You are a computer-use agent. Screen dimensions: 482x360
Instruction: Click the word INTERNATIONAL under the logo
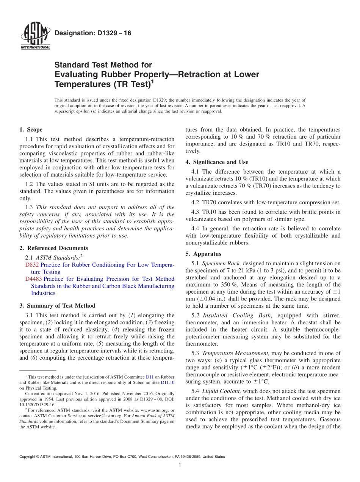click(x=35, y=47)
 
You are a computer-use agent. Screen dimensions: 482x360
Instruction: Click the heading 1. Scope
click(x=31, y=130)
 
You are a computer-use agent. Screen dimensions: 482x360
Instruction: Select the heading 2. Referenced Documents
click(x=53, y=248)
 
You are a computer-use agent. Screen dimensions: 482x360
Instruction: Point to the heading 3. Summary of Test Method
click(x=57, y=306)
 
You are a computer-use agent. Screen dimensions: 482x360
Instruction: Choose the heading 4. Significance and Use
click(x=217, y=162)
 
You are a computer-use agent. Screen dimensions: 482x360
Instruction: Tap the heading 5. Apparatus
click(x=203, y=254)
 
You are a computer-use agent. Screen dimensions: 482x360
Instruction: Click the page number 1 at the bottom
click(x=180, y=466)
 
